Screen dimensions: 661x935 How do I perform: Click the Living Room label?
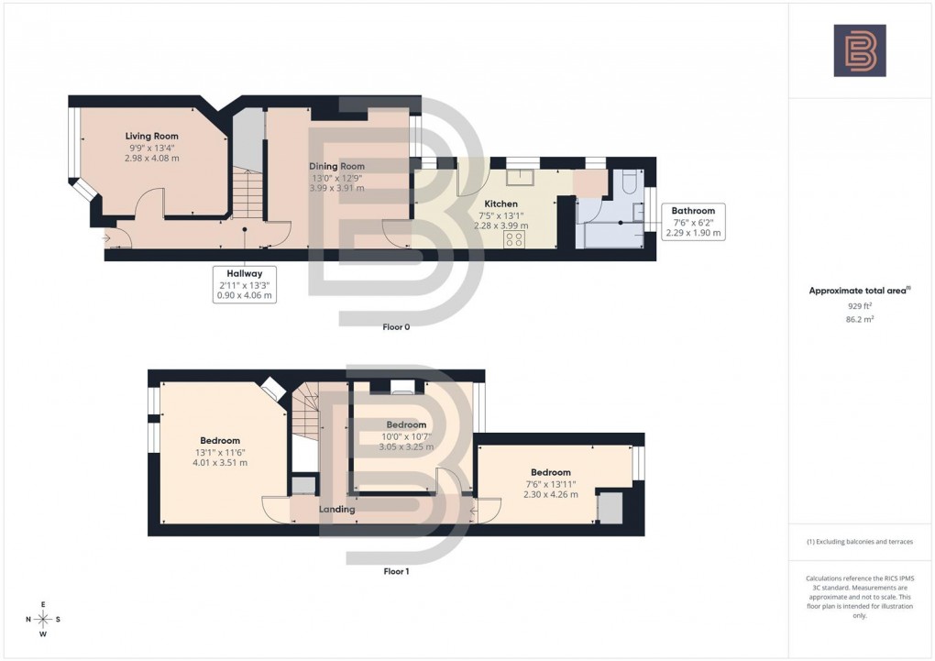click(x=151, y=136)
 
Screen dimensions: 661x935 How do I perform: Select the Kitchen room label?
click(x=500, y=204)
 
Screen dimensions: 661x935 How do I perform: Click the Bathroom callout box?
click(x=693, y=221)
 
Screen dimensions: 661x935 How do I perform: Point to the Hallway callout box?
click(x=245, y=284)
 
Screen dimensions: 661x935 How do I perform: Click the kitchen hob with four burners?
click(x=515, y=239)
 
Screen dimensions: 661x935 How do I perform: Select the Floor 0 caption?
click(x=396, y=327)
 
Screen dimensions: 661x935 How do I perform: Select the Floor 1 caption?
click(x=396, y=571)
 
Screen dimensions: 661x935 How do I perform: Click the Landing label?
click(x=336, y=509)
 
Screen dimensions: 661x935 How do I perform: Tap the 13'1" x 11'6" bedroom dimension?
click(x=220, y=452)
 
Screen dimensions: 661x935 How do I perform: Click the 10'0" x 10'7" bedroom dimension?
click(x=406, y=436)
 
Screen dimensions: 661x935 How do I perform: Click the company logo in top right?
click(x=859, y=50)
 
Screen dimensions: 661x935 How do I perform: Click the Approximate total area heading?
click(x=859, y=291)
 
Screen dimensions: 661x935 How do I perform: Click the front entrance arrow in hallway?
click(x=107, y=239)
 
